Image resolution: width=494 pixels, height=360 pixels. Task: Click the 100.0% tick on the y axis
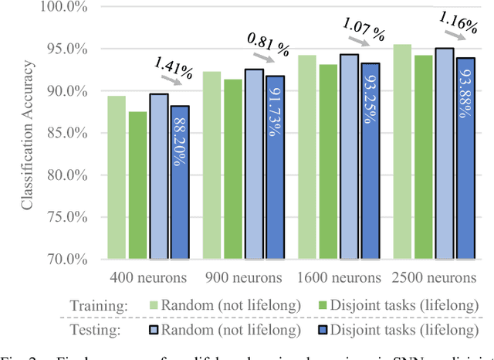(76, 8)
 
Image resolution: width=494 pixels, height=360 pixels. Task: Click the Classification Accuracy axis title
(27, 134)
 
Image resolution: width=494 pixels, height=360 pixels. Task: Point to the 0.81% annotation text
(268, 41)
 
